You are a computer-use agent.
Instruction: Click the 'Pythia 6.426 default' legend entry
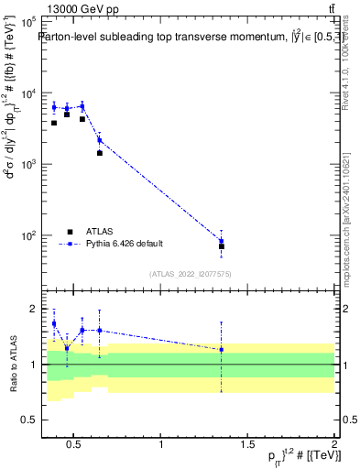(x=124, y=244)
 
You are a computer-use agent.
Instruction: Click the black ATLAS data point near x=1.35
(x=222, y=246)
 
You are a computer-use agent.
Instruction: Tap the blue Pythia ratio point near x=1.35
(x=222, y=350)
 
